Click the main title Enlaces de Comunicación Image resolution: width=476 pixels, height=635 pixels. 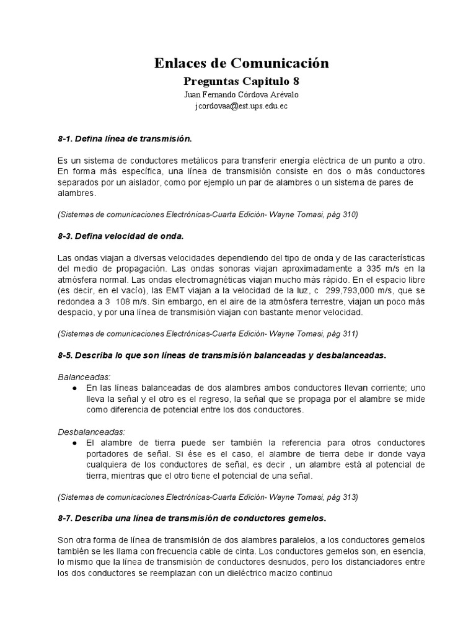click(241, 63)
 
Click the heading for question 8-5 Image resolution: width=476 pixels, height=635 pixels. click(222, 355)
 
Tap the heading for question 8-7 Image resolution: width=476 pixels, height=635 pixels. click(192, 517)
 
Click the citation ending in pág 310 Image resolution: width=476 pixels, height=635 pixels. click(208, 215)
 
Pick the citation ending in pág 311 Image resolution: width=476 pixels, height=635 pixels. click(208, 334)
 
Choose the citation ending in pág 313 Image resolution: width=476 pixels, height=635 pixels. click(208, 497)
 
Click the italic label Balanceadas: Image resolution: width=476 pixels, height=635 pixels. click(84, 376)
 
